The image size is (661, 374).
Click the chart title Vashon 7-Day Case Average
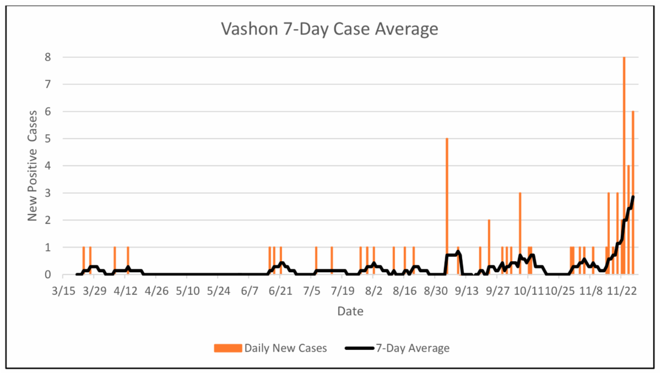pos(329,29)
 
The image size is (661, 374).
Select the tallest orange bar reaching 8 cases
pos(624,165)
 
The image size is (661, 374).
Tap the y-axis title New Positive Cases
pos(33,166)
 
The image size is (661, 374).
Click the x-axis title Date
pos(350,312)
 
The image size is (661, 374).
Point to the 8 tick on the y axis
pos(48,57)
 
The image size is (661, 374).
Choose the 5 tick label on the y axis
pos(48,139)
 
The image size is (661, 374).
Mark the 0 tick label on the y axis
pos(48,274)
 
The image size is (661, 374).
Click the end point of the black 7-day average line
pos(633,197)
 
